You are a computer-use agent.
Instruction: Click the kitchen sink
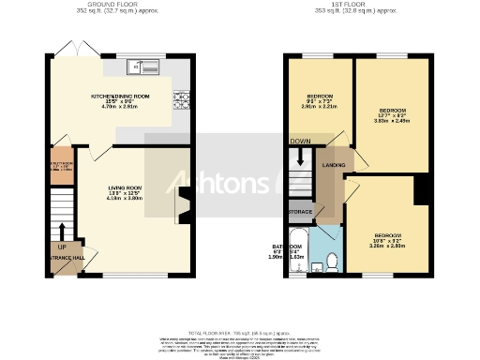tap(144, 67)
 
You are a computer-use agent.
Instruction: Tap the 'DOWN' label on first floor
tap(299, 142)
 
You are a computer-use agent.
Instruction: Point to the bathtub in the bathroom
tap(300, 249)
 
